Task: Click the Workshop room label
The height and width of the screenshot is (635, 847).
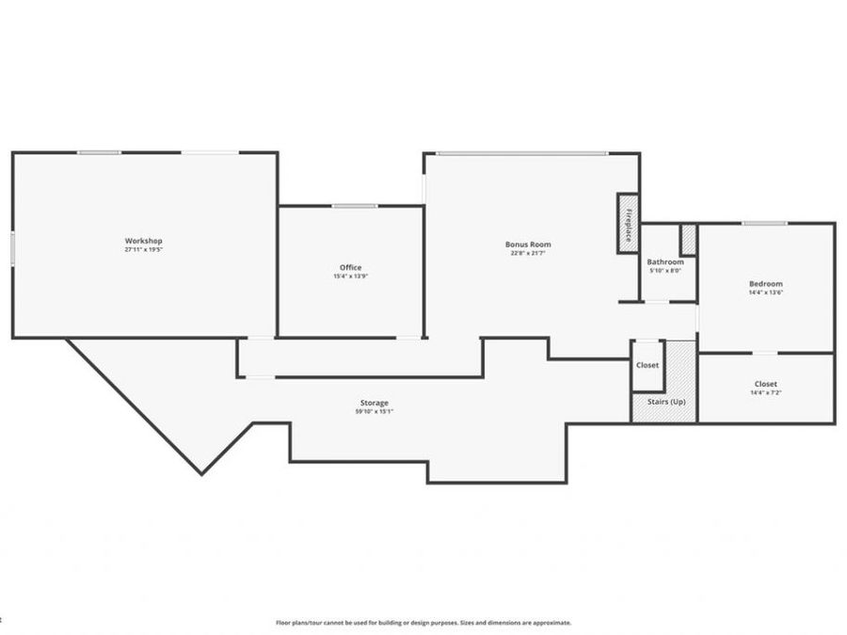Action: coord(143,241)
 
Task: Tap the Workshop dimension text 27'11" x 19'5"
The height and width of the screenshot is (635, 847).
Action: coord(143,250)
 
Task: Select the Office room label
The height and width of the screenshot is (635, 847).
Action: coord(350,267)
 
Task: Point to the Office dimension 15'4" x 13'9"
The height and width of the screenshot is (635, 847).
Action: coord(350,277)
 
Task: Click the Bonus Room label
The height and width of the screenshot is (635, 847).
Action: coord(528,244)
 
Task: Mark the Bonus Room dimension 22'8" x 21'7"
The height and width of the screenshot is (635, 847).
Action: coord(528,253)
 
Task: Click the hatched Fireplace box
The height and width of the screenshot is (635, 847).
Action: coord(628,223)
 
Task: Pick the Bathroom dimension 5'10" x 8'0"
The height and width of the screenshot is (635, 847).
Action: coord(664,271)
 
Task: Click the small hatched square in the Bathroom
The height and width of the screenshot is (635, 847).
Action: coord(688,239)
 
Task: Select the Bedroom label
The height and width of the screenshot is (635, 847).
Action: coord(765,283)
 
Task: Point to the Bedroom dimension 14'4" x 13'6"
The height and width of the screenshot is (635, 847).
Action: coord(765,293)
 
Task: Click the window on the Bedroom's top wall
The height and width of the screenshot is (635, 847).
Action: coord(764,223)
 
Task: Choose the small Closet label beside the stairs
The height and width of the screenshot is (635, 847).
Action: coord(647,365)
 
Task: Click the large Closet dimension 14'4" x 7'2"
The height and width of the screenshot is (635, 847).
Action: coord(765,393)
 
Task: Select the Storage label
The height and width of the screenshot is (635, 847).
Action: coord(375,403)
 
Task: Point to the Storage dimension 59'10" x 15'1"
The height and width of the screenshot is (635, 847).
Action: coord(375,412)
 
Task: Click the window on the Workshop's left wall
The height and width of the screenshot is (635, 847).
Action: coord(12,248)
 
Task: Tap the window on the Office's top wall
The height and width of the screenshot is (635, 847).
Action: coord(354,206)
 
